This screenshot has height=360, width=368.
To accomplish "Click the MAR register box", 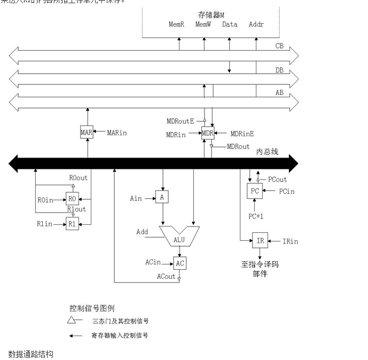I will click(x=87, y=132).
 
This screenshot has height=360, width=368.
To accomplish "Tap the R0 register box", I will click(x=72, y=199).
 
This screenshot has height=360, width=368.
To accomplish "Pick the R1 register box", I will click(x=72, y=224).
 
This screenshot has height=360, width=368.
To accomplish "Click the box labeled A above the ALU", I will click(x=162, y=198).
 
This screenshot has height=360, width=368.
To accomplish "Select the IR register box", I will click(x=260, y=241).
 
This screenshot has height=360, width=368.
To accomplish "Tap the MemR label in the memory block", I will click(x=176, y=25).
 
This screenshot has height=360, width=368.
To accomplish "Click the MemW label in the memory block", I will click(x=203, y=25).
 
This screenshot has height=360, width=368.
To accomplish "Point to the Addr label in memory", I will click(x=256, y=25).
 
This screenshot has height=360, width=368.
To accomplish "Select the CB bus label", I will click(x=279, y=46).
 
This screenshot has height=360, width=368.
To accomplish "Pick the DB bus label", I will click(x=279, y=69).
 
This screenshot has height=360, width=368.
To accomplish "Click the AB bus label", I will click(x=279, y=92).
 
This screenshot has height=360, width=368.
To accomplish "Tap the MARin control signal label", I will click(x=118, y=132).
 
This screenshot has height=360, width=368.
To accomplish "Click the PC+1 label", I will click(x=256, y=216).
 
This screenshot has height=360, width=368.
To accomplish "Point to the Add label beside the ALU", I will click(x=142, y=232).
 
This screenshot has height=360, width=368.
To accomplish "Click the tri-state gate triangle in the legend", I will click(x=72, y=320).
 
